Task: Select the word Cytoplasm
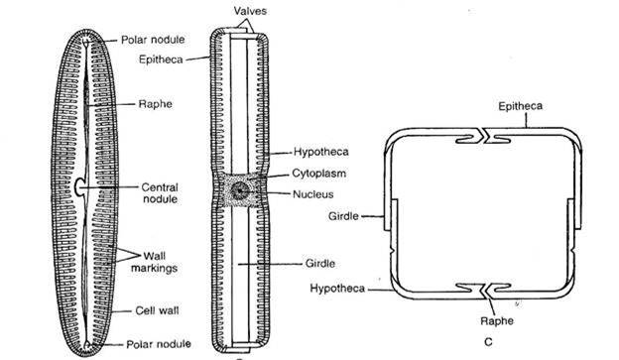pos(315,170)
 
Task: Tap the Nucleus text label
pos(312,187)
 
